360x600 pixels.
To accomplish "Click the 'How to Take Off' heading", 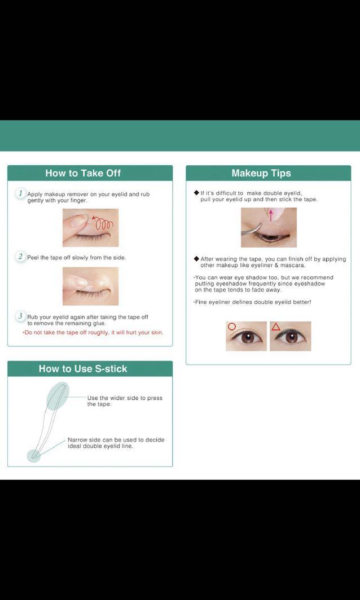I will click(x=83, y=173).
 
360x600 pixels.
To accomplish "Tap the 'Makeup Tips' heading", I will click(x=261, y=173).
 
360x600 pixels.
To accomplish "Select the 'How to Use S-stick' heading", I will click(x=83, y=369).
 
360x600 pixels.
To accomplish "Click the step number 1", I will click(x=20, y=193).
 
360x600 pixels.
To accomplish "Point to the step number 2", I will click(x=20, y=257).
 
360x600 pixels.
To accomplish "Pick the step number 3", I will click(x=20, y=316).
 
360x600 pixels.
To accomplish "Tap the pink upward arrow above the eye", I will click(x=270, y=214).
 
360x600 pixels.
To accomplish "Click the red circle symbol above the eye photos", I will click(x=231, y=327).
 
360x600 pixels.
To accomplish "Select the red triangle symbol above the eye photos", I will click(x=276, y=327).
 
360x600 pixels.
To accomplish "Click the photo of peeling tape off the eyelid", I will click(x=90, y=286).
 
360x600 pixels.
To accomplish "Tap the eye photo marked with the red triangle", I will click(x=291, y=337).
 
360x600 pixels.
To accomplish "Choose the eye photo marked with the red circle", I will click(x=246, y=337).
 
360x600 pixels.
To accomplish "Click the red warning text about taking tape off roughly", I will click(x=93, y=333).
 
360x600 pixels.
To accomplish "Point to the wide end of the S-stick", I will click(x=58, y=395).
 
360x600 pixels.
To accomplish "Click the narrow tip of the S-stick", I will click(x=34, y=455).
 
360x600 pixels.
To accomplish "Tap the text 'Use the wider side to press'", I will click(x=125, y=398).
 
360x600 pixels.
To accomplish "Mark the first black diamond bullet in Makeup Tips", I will click(x=196, y=193).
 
